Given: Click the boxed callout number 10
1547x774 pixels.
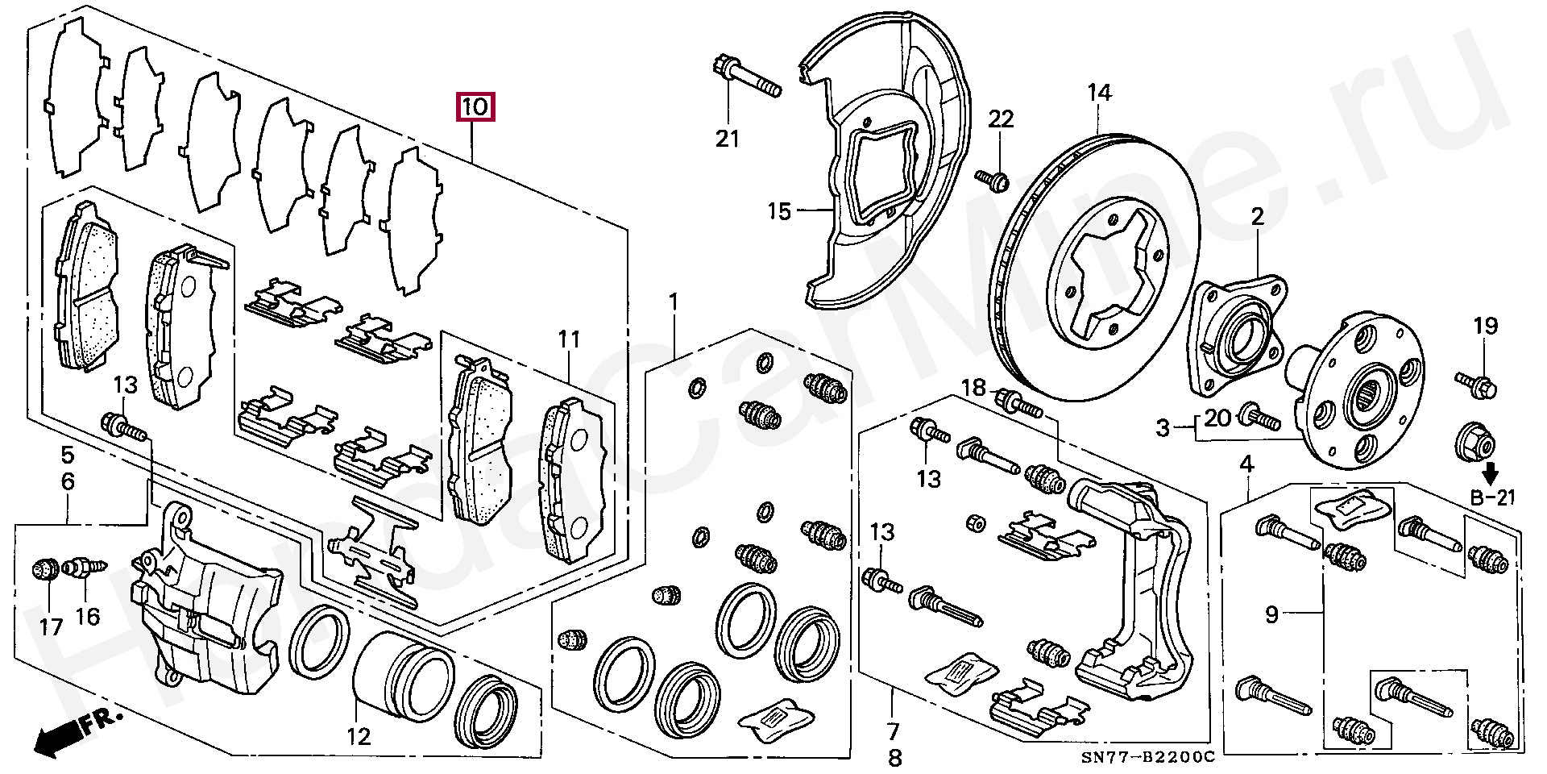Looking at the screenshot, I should (475, 106).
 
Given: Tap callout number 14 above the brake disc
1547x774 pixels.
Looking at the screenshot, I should (1099, 93).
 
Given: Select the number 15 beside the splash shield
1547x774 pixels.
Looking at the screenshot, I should (779, 212).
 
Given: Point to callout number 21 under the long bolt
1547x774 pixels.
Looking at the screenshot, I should (728, 139).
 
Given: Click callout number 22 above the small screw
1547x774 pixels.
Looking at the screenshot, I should (1001, 119).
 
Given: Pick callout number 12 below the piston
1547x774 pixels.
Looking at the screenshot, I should (359, 735).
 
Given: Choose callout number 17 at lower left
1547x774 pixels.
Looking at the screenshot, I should (51, 626).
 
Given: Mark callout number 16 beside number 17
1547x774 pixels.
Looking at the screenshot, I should (88, 617).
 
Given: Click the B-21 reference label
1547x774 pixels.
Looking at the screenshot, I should (1492, 498).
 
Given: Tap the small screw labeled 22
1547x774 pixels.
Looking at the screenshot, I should (993, 181).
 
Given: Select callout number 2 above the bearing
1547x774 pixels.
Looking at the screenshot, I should (1258, 216).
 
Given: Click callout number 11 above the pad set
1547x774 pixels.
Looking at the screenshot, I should (570, 339).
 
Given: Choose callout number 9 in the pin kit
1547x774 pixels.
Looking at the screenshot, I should (1271, 615).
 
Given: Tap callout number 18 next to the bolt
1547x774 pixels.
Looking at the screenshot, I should (973, 388).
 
